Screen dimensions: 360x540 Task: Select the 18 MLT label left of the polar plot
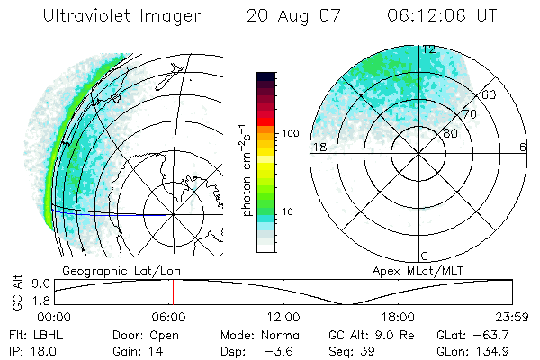[x=319, y=147]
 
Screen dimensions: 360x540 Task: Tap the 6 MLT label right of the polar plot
[x=523, y=147]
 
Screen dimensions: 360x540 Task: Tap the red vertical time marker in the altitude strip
[x=173, y=292]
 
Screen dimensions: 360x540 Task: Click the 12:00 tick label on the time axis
[x=283, y=317]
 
